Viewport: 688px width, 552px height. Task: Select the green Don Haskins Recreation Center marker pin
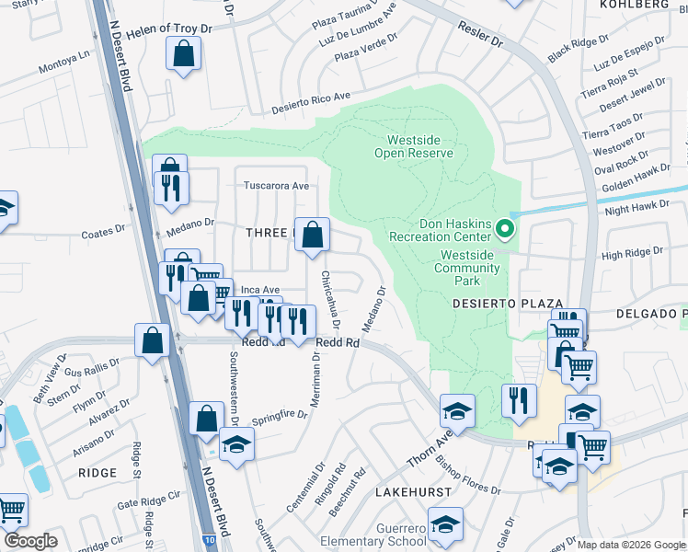504,227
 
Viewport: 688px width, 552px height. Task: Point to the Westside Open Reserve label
414,146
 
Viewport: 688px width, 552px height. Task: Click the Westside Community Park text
469,261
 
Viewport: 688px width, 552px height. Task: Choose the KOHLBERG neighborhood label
647,5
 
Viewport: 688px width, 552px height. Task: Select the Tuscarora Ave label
276,185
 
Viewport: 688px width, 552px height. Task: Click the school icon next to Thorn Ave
457,411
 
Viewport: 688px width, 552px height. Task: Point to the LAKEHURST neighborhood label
413,492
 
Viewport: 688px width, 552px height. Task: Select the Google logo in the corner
30,541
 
